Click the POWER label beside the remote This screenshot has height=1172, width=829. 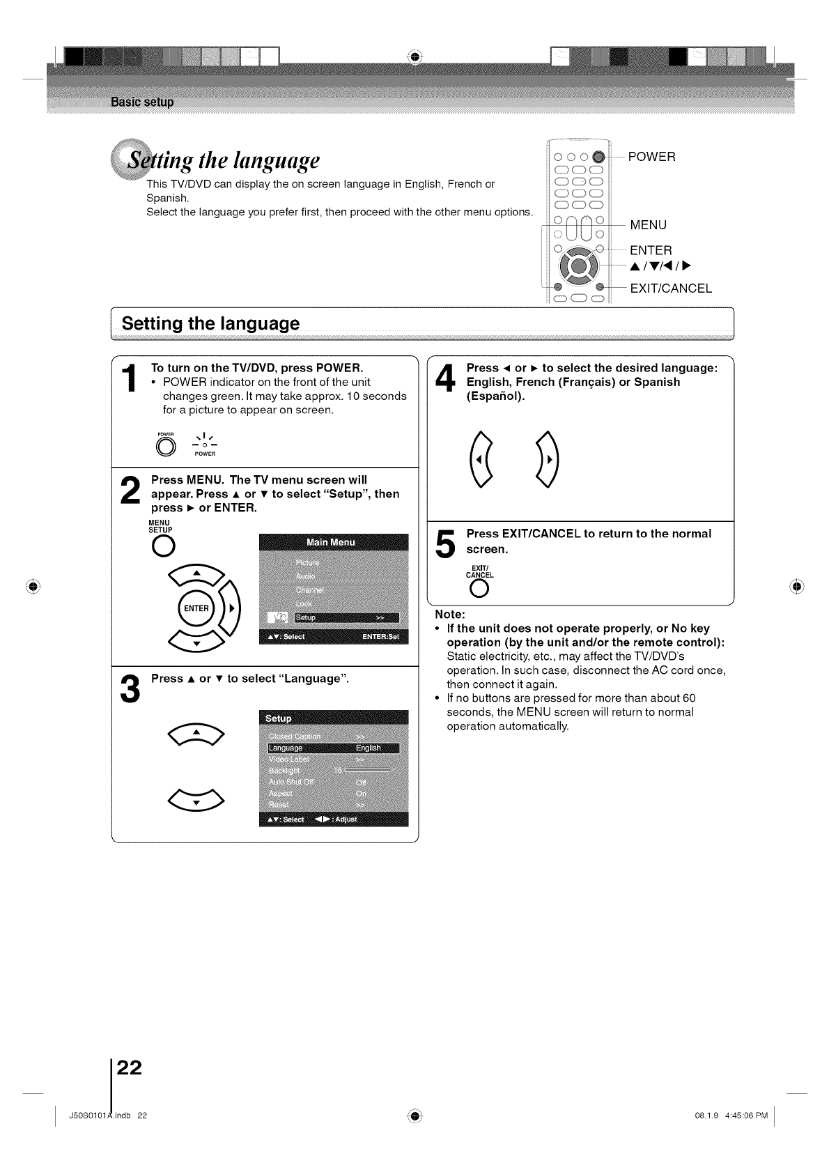coord(651,157)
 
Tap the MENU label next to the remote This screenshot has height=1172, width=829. coord(648,225)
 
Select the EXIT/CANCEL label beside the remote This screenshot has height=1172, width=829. coord(670,288)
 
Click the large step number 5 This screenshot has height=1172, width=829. coord(446,543)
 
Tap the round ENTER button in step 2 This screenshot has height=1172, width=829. coord(196,608)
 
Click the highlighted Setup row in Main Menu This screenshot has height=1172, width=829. coord(346,617)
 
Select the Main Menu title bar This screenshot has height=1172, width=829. coord(333,542)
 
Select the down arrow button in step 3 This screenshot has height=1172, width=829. coord(196,801)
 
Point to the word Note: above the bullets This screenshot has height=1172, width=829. coord(450,615)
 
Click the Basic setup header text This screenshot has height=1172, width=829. coord(142,102)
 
